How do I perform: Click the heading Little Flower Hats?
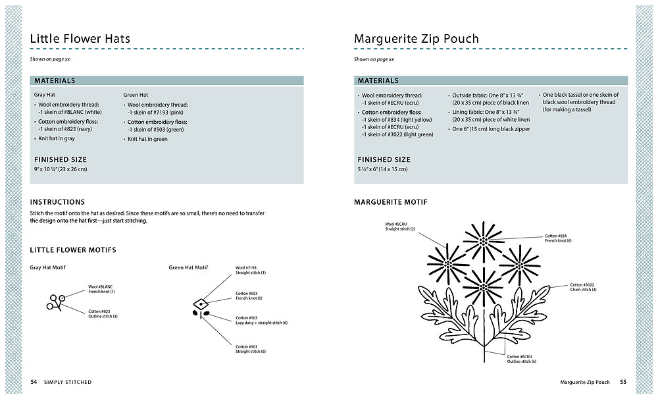click(x=80, y=38)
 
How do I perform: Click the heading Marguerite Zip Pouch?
click(x=416, y=38)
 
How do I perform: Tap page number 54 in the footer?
click(x=34, y=382)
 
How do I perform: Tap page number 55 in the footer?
click(x=622, y=382)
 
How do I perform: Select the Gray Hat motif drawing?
click(x=56, y=302)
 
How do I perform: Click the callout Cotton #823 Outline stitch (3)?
click(x=103, y=313)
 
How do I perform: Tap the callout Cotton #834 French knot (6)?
click(x=559, y=238)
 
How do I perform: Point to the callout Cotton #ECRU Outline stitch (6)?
click(x=522, y=359)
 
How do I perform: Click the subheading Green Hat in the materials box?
click(x=136, y=95)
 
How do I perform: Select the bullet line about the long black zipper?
click(x=490, y=129)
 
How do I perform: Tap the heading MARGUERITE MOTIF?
click(x=390, y=202)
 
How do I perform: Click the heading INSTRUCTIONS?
click(x=57, y=202)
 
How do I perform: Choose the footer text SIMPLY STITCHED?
click(x=68, y=382)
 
